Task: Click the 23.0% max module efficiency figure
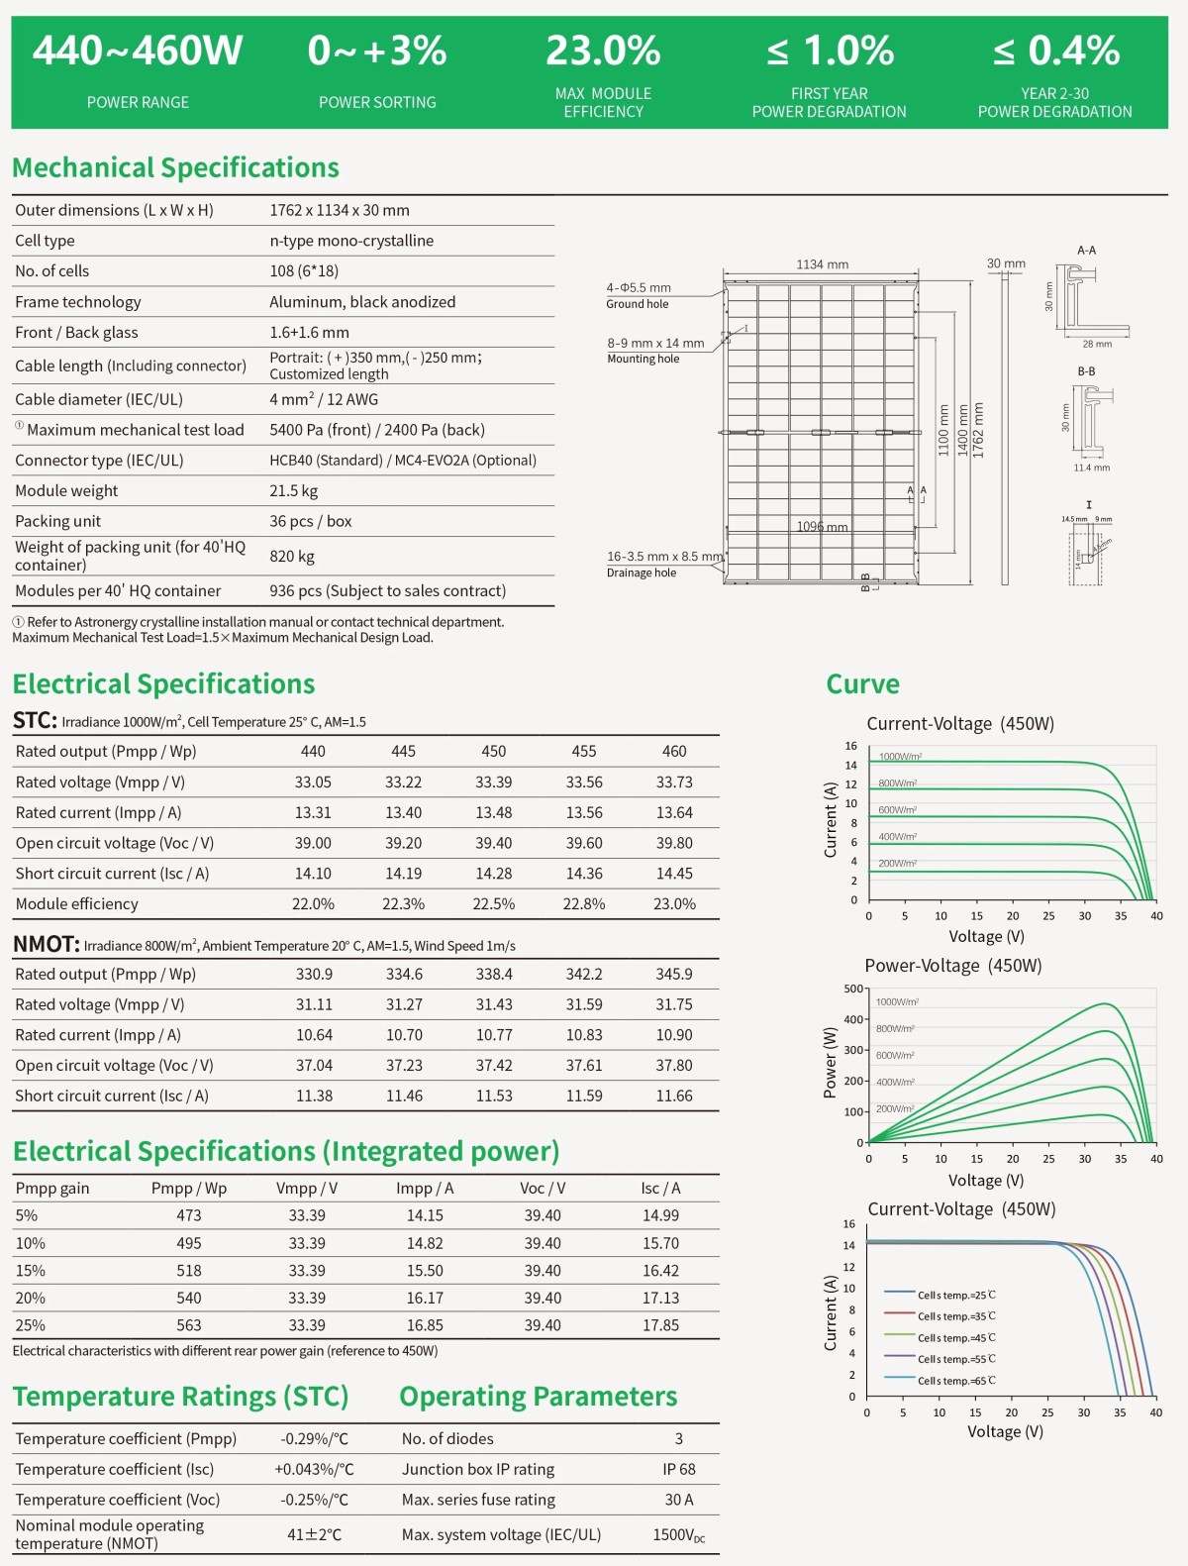click(603, 52)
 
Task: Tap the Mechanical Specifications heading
click(175, 168)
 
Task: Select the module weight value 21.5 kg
click(294, 491)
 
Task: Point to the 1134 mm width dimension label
click(822, 264)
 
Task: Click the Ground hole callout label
click(638, 304)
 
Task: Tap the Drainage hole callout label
click(642, 573)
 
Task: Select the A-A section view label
click(1086, 251)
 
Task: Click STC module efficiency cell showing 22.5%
click(493, 904)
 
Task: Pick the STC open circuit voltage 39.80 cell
click(674, 843)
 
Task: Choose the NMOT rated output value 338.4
click(494, 975)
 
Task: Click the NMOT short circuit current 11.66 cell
click(674, 1096)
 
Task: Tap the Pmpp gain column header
click(52, 1189)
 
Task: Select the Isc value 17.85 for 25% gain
click(660, 1325)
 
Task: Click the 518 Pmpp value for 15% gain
click(189, 1271)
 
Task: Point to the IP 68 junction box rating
click(679, 1470)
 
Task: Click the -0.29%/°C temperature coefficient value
click(314, 1439)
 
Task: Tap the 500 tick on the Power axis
click(853, 989)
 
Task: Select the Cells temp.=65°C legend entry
click(955, 1381)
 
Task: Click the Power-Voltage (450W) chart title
click(953, 966)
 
